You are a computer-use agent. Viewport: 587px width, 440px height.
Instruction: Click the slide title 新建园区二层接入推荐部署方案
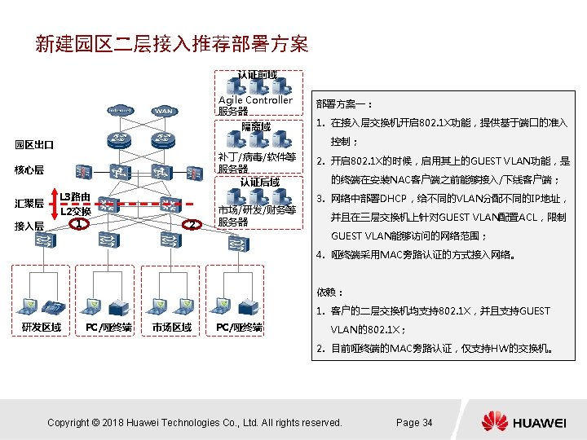171,42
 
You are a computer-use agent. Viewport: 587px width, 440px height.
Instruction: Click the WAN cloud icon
164,111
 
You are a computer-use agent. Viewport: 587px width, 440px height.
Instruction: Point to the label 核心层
29,170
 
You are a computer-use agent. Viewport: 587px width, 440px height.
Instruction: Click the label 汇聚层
29,202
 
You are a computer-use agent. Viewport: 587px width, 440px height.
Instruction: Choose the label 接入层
29,226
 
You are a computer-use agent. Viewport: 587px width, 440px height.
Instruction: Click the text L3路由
75,197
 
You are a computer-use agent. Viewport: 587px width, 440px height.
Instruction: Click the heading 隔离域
256,127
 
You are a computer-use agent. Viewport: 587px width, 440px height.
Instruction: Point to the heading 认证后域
259,182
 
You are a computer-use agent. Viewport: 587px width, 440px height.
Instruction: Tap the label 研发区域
41,327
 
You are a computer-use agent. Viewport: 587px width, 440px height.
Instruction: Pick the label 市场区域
171,327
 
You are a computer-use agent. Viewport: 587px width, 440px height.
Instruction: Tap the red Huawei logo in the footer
494,421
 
